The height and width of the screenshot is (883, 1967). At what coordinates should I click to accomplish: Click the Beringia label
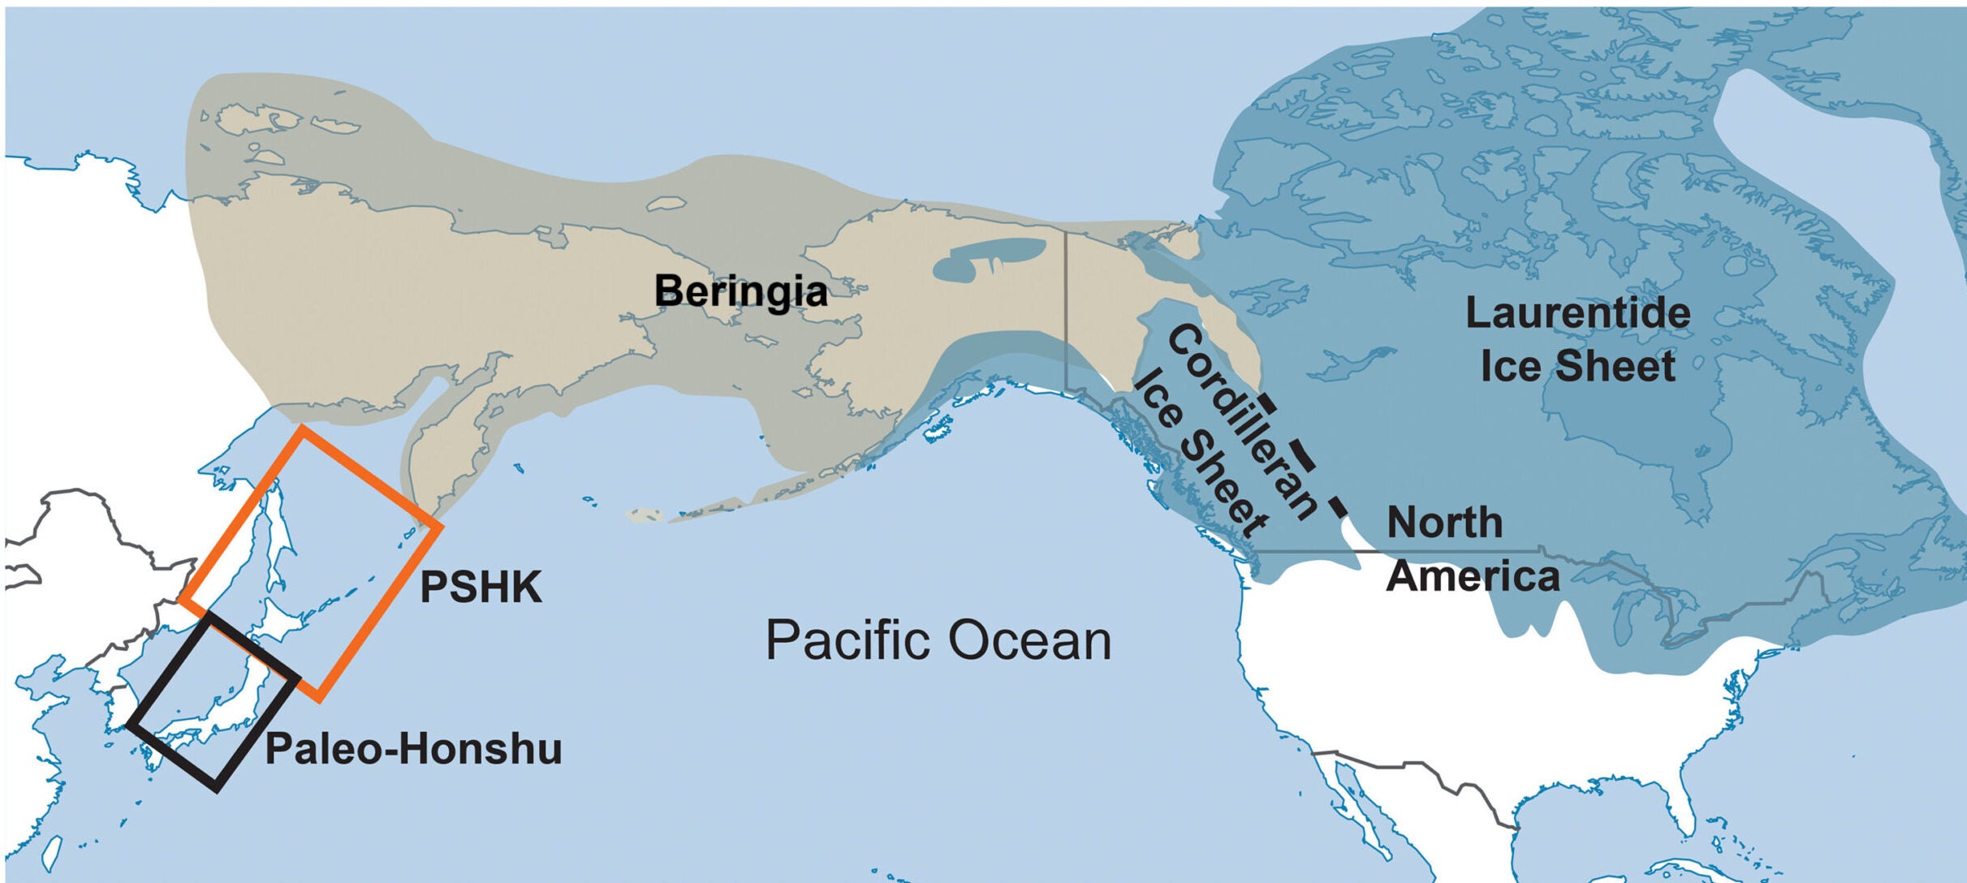[740, 291]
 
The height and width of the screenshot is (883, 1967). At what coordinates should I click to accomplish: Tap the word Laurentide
[1577, 313]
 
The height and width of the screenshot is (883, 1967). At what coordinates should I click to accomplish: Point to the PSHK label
[481, 587]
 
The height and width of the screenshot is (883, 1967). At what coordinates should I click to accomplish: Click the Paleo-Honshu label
[413, 748]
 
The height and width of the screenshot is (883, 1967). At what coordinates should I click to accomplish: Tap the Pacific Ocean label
[938, 640]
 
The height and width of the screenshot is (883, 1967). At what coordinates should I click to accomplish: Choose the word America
[1473, 576]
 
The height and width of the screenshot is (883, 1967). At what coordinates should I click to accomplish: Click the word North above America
[1444, 522]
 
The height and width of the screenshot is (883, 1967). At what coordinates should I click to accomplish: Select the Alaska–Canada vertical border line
[1066, 308]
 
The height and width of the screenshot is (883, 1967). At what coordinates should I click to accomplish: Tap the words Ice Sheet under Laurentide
[1577, 366]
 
